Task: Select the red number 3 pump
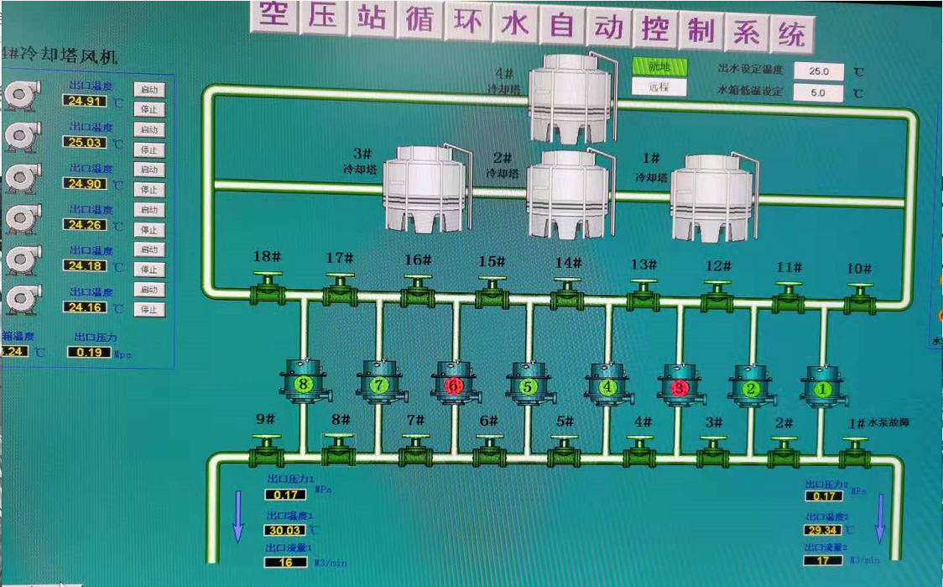coord(679,387)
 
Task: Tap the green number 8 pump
coord(303,384)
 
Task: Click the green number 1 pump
coord(822,389)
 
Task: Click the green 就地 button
coord(659,66)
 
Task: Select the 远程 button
coord(659,87)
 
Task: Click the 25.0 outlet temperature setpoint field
coord(818,71)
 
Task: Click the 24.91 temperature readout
coord(86,102)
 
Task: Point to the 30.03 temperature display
coord(286,530)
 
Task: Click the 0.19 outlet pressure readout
coord(89,352)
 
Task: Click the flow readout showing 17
coord(823,560)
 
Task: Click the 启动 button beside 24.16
coord(149,290)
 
